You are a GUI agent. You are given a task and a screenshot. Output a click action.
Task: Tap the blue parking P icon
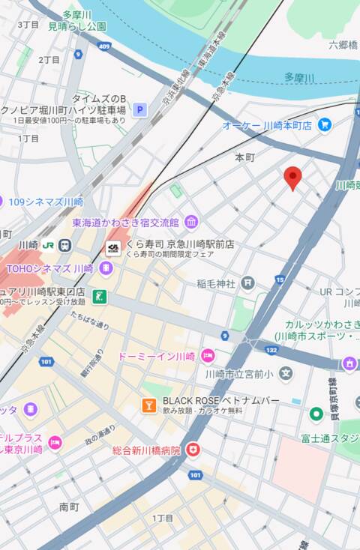coord(139,111)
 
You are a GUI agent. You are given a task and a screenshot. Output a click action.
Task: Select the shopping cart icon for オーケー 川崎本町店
coord(324,124)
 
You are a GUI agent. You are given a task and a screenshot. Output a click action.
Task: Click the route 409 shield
coord(103,46)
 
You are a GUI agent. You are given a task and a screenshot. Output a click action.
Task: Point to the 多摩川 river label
coord(299,77)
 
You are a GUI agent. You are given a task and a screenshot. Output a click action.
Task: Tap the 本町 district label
coord(244,157)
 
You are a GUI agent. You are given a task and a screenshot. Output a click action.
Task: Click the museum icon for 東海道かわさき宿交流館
coord(191,222)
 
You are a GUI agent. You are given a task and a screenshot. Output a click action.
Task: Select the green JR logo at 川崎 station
coord(48,245)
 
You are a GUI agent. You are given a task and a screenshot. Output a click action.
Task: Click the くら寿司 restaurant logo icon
coord(113,249)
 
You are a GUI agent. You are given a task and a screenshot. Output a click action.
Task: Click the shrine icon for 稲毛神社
coord(247,283)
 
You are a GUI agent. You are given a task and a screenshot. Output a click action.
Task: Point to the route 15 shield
coord(280,279)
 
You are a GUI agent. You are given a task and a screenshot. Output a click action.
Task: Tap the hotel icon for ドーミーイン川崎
coord(208,355)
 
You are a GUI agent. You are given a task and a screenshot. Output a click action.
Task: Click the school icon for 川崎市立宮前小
coord(285,372)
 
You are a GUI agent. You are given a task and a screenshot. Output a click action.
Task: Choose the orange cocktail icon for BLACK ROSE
coord(149,405)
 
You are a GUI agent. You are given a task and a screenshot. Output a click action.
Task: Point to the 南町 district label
coord(69,507)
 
